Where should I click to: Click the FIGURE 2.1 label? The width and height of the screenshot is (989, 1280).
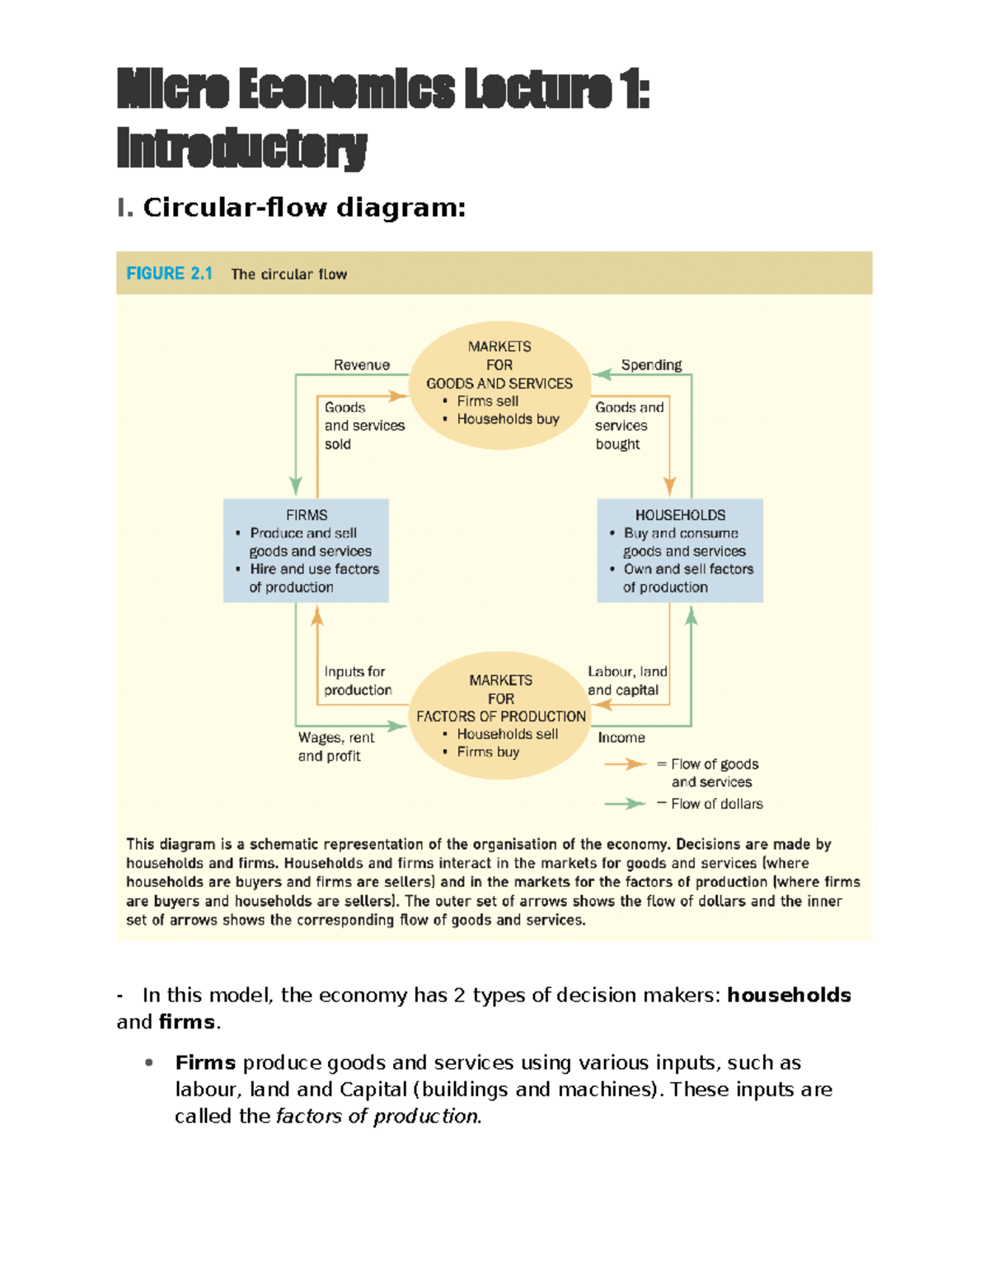coord(169,274)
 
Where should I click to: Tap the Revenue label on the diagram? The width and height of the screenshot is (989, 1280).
coord(361,365)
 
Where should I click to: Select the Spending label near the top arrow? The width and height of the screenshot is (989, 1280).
coord(651,365)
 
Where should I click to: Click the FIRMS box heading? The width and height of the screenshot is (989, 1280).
coord(307,515)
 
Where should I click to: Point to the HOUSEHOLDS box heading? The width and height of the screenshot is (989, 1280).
coord(680,515)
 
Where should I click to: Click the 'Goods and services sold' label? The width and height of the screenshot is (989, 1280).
coord(364,425)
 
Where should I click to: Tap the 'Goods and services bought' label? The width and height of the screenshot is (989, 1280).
coord(629,425)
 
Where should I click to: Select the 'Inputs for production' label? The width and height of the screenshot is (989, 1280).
coord(358,681)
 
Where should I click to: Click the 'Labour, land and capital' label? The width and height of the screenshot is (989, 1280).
coord(626,681)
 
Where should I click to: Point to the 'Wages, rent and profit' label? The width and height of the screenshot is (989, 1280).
coord(335,747)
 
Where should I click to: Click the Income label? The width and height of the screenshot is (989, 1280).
coord(621,738)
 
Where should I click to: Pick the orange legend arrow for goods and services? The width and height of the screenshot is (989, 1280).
coord(626,764)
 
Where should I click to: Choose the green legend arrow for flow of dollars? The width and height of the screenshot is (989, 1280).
coord(626,804)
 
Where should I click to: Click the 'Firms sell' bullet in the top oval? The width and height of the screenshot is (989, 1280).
coord(487,401)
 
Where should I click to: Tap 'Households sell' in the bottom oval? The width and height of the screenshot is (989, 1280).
coord(507,734)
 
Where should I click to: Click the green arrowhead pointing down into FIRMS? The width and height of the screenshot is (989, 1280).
coord(296,485)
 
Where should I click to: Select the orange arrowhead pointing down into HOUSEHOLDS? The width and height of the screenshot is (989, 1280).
coord(669,485)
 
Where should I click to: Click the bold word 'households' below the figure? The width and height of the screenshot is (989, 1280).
coord(789,995)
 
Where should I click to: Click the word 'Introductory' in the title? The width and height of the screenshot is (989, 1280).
coord(241,148)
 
